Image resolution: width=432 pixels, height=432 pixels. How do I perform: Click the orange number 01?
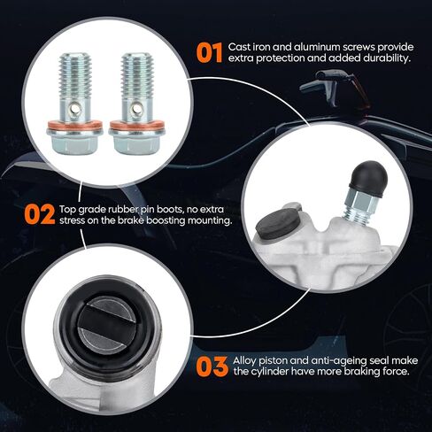pos(209,52)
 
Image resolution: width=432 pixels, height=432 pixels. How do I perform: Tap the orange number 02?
pos(40,214)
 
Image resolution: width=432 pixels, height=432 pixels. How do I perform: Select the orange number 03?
pos(212,366)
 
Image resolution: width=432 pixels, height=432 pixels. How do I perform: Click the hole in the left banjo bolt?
pos(75,110)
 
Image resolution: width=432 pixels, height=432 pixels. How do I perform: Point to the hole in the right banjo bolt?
pos(136,110)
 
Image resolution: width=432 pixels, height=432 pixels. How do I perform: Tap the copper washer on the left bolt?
pos(75,126)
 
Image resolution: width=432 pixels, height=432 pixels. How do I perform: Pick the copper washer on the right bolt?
pos(136,126)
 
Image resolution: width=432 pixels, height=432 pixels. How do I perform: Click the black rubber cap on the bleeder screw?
pos(368,179)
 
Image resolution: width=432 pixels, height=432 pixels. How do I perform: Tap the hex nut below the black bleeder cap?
pos(360,202)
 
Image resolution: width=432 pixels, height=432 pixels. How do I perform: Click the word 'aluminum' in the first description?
pos(316,47)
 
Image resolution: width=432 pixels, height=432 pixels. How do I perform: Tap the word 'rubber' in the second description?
pos(123,210)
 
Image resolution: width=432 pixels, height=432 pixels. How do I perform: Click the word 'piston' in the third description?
pos(274,361)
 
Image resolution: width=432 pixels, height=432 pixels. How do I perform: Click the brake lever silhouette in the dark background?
pos(329,84)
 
